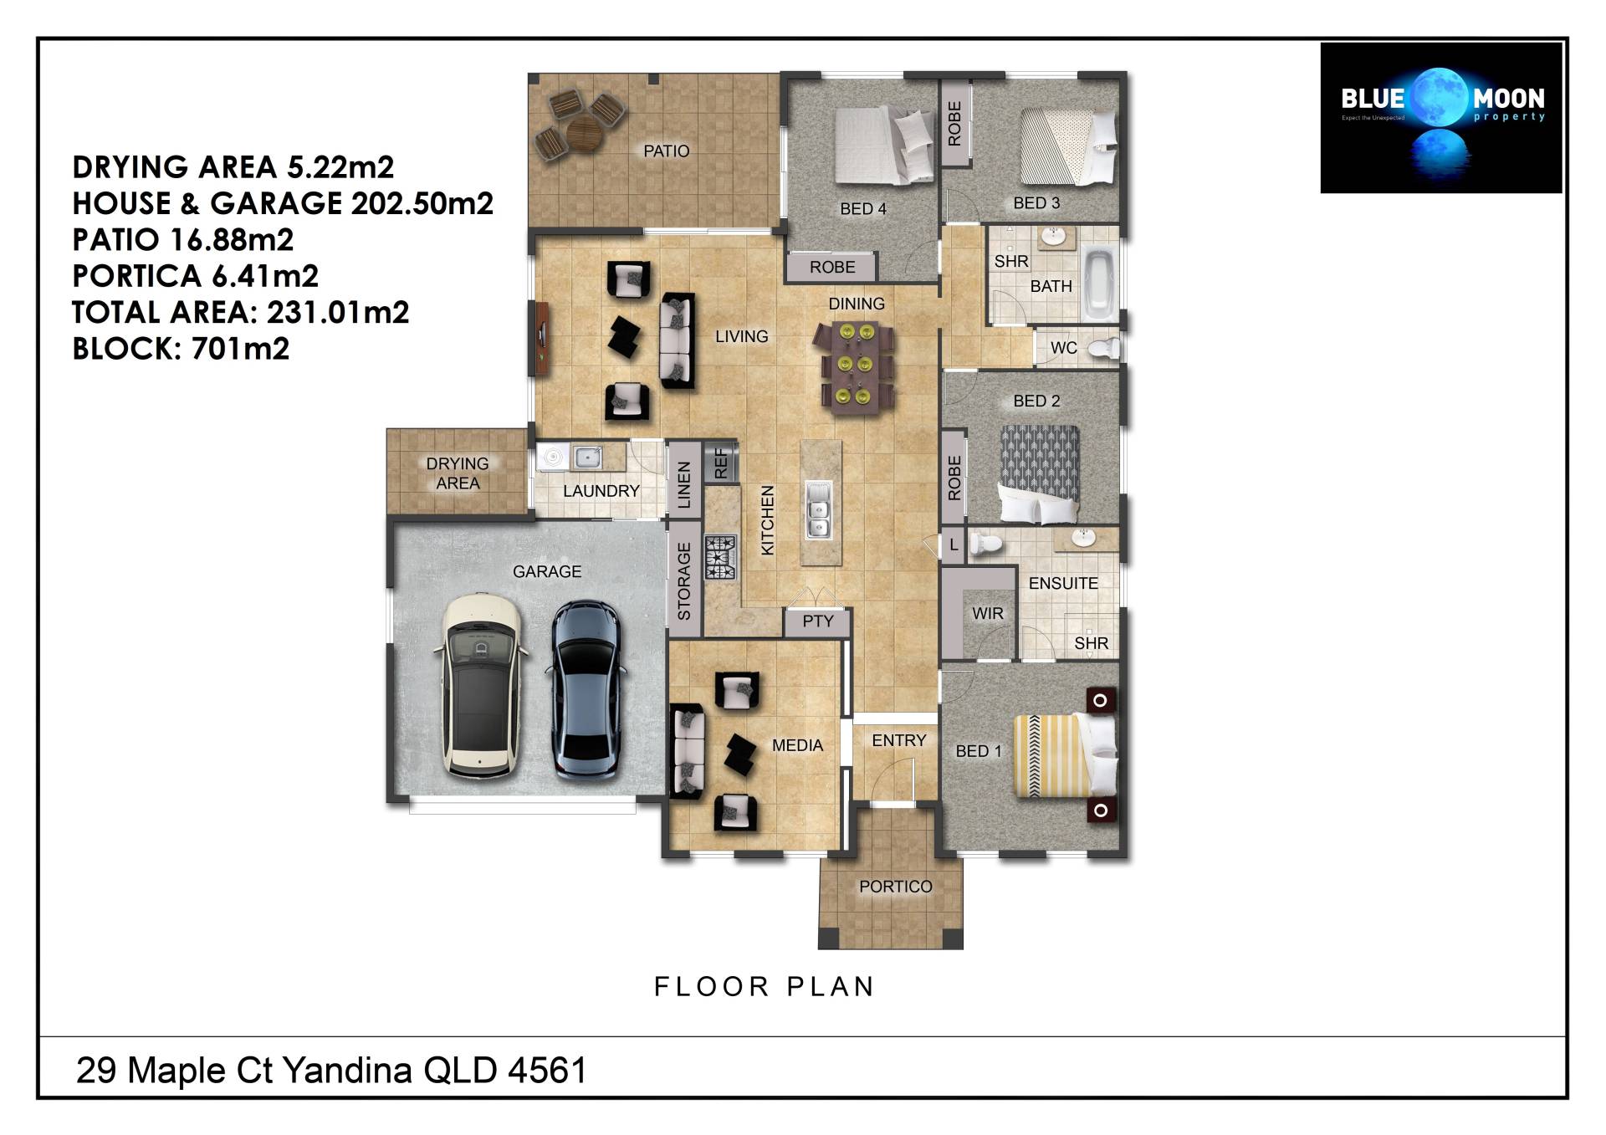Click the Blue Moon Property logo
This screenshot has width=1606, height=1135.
1440,118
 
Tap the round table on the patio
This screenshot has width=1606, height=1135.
585,132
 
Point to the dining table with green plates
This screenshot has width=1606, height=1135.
854,369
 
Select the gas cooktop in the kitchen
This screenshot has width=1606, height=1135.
720,558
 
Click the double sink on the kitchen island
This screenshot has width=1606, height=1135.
818,509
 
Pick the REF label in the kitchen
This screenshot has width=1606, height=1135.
722,463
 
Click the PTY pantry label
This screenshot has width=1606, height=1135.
817,621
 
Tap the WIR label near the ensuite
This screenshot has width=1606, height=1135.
988,613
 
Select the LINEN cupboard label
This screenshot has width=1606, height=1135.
684,485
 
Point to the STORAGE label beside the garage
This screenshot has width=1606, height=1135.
684,581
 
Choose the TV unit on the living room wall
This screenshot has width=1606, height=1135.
541,337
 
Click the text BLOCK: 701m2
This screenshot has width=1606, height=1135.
181,349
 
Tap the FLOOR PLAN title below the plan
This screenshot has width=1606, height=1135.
764,987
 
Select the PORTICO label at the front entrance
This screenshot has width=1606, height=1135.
895,887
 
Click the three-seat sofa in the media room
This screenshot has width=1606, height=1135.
688,751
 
